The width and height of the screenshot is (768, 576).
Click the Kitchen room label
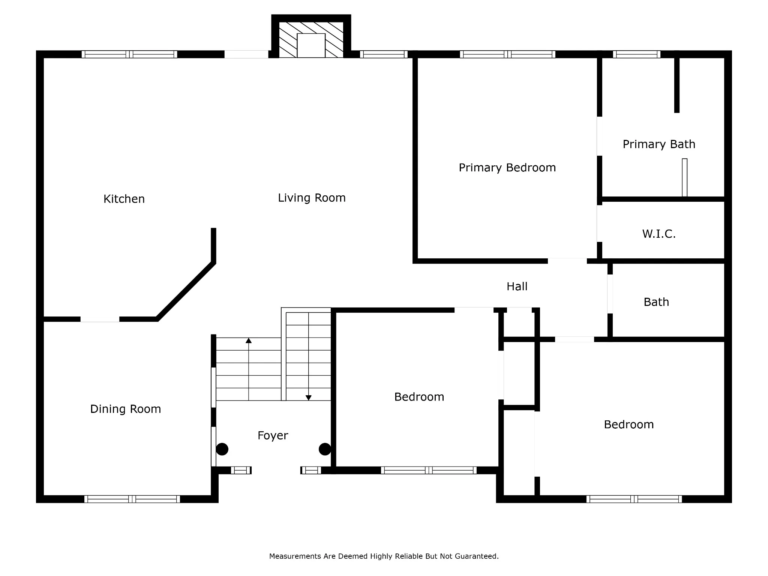tap(124, 199)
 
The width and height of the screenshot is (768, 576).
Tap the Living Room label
tap(312, 198)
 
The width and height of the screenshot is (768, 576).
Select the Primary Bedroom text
tap(507, 168)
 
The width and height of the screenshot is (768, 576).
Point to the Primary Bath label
tap(659, 144)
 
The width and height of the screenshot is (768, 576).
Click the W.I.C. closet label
tap(659, 234)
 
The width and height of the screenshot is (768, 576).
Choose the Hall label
tap(517, 286)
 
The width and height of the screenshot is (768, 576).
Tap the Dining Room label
tap(126, 409)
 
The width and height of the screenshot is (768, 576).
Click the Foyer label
tap(273, 435)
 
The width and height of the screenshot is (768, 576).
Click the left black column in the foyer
tap(222, 449)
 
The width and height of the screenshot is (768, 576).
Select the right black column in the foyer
tap(325, 449)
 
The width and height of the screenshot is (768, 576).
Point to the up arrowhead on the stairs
tap(249, 340)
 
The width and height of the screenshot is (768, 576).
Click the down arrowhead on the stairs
tap(309, 398)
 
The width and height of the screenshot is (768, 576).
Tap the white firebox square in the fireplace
tap(311, 45)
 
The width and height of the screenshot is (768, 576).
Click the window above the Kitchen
tap(129, 54)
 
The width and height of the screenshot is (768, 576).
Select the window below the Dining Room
tap(132, 499)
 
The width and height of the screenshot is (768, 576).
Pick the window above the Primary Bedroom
tap(508, 54)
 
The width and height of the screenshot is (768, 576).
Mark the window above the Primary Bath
tap(637, 54)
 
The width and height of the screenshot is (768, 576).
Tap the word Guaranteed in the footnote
tap(477, 556)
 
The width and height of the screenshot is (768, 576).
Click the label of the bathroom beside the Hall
tap(656, 302)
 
